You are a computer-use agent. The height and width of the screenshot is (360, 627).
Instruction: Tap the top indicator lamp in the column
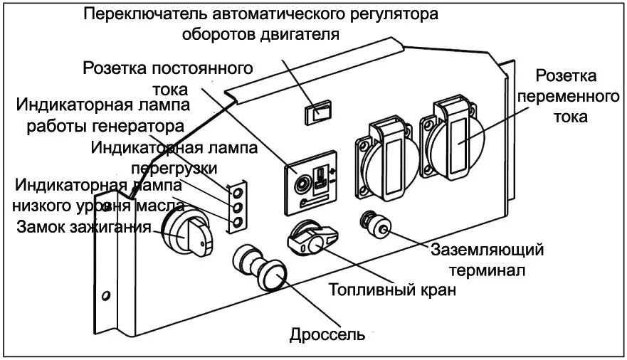[238, 192]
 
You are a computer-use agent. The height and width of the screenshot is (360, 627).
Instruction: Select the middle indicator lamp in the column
[238, 207]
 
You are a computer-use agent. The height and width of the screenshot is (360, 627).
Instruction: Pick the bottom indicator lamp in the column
[238, 222]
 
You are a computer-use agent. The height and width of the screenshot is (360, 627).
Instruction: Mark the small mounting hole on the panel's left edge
[106, 294]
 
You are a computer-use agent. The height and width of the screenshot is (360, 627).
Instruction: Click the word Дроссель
[327, 334]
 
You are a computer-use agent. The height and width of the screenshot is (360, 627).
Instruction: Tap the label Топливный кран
[391, 291]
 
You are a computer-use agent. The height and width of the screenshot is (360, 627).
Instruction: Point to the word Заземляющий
[488, 250]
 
